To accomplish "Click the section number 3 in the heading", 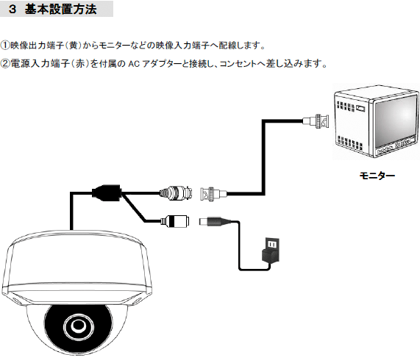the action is pyautogui.click(x=13, y=9).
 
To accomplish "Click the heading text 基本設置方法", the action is pyautogui.click(x=61, y=9).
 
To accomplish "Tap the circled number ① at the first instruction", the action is pyautogui.click(x=5, y=46).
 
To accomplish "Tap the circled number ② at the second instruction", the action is pyautogui.click(x=5, y=64).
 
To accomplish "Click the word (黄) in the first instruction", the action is pyautogui.click(x=73, y=46).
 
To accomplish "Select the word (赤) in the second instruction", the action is pyautogui.click(x=80, y=64).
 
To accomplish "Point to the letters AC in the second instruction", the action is pyautogui.click(x=134, y=64).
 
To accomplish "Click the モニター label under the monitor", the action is pyautogui.click(x=377, y=176).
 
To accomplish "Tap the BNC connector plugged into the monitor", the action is pyautogui.click(x=316, y=121).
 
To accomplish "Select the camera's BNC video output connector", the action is pyautogui.click(x=176, y=192).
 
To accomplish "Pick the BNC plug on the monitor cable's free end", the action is pyautogui.click(x=213, y=194).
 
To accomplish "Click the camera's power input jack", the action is pyautogui.click(x=175, y=221).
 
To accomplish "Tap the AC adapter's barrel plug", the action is pyautogui.click(x=215, y=222).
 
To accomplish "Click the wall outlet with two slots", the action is pyautogui.click(x=272, y=244).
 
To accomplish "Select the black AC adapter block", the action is pyautogui.click(x=270, y=256).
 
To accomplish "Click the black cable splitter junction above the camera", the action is pyautogui.click(x=107, y=192).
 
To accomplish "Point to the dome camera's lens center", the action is pyautogui.click(x=78, y=325).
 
